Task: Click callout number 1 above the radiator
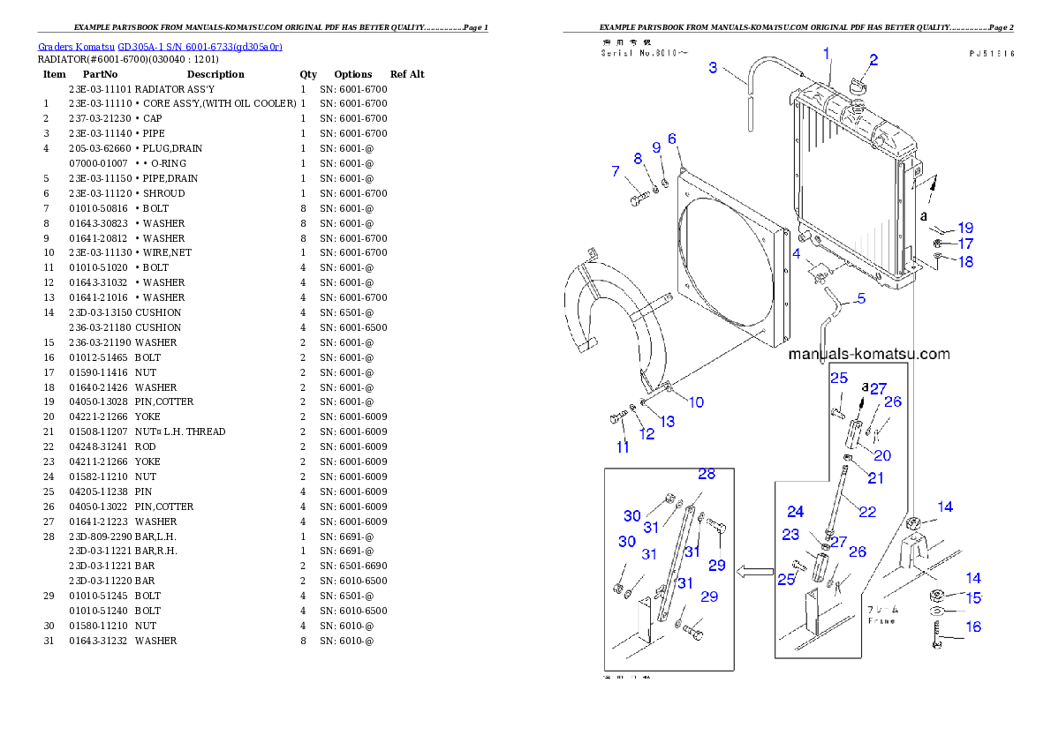(827, 54)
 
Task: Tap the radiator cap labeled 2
(856, 86)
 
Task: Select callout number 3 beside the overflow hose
(713, 67)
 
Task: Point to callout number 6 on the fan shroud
(672, 139)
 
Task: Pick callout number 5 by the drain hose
(861, 298)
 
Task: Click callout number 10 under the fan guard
(696, 402)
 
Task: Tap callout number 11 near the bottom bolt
(623, 447)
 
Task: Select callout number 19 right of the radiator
(965, 228)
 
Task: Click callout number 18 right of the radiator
(965, 262)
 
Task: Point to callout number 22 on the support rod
(867, 511)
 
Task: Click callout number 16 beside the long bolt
(972, 627)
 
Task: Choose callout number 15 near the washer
(972, 598)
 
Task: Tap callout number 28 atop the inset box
(706, 474)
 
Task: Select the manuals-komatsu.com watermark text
(869, 354)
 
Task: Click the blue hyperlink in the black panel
(160, 46)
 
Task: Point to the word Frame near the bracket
(881, 621)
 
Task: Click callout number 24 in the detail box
(796, 512)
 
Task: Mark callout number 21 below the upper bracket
(875, 478)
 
